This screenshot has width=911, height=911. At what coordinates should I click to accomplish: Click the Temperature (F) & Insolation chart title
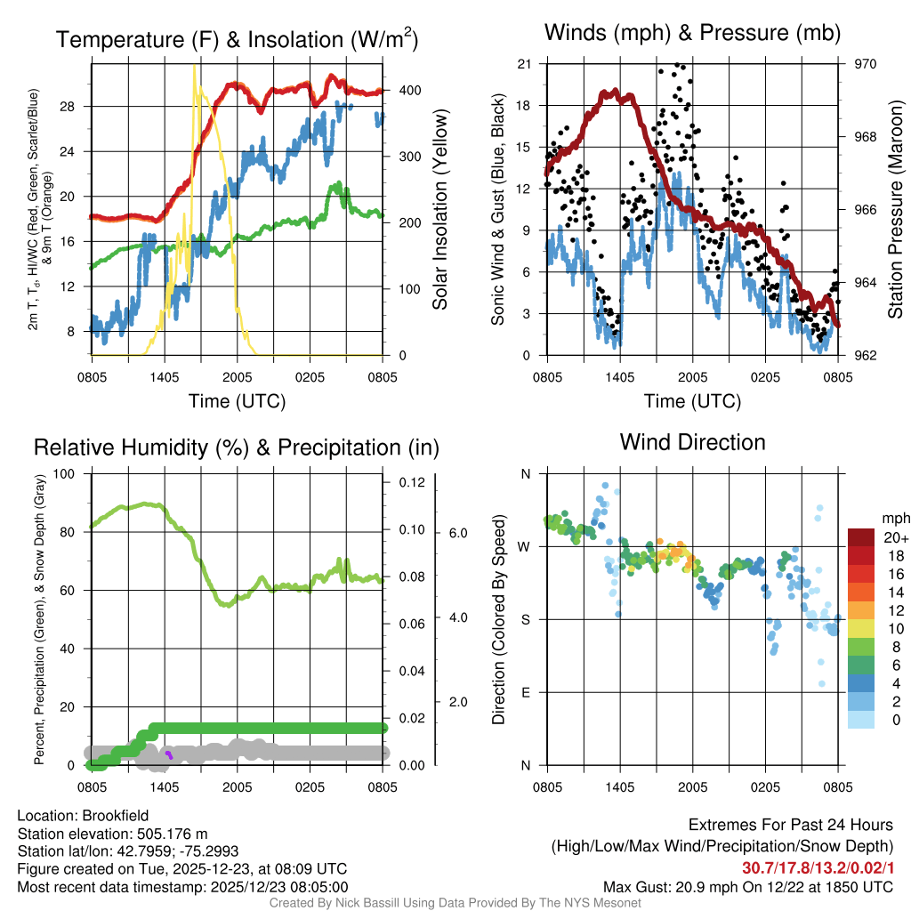(x=237, y=39)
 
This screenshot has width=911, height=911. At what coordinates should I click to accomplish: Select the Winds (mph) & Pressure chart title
(x=692, y=34)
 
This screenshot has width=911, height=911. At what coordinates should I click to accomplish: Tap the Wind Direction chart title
(x=692, y=442)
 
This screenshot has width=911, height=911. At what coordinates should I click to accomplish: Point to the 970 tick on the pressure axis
(x=866, y=64)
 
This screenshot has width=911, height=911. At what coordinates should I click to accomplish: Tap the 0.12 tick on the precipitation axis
(x=407, y=482)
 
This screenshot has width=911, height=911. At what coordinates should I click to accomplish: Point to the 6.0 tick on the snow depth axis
(x=456, y=533)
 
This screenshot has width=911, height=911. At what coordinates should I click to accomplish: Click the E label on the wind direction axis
(x=525, y=692)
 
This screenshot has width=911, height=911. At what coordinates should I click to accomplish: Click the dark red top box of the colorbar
(x=861, y=536)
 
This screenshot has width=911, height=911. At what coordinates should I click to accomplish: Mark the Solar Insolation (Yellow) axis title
(x=440, y=210)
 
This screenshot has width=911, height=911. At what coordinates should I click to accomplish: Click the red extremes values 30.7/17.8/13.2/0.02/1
(x=818, y=867)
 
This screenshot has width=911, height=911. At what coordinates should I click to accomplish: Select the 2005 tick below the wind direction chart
(x=692, y=786)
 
